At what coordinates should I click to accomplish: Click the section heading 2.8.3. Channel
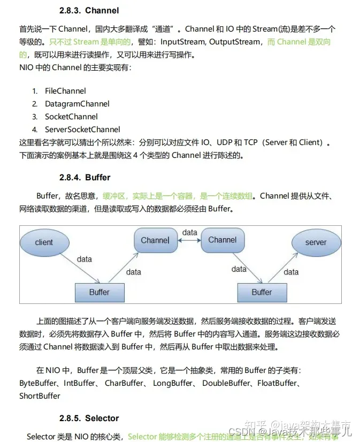click(89, 10)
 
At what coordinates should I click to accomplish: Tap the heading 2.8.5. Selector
click(89, 418)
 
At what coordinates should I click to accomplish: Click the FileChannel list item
click(65, 91)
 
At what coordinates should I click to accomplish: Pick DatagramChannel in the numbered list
click(77, 104)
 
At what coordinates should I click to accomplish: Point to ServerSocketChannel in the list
click(82, 129)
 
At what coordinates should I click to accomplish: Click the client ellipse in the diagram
click(44, 242)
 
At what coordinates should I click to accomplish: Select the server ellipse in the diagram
click(316, 242)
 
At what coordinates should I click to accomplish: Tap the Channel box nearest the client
click(155, 240)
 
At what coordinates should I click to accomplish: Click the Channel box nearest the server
click(223, 240)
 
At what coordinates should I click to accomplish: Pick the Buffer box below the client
click(99, 292)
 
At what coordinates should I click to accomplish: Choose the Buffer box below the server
click(262, 292)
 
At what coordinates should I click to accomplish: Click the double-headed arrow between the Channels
click(189, 240)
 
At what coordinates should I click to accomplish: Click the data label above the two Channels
click(189, 232)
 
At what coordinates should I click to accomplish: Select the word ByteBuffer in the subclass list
click(39, 383)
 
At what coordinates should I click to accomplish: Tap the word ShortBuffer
click(40, 396)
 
